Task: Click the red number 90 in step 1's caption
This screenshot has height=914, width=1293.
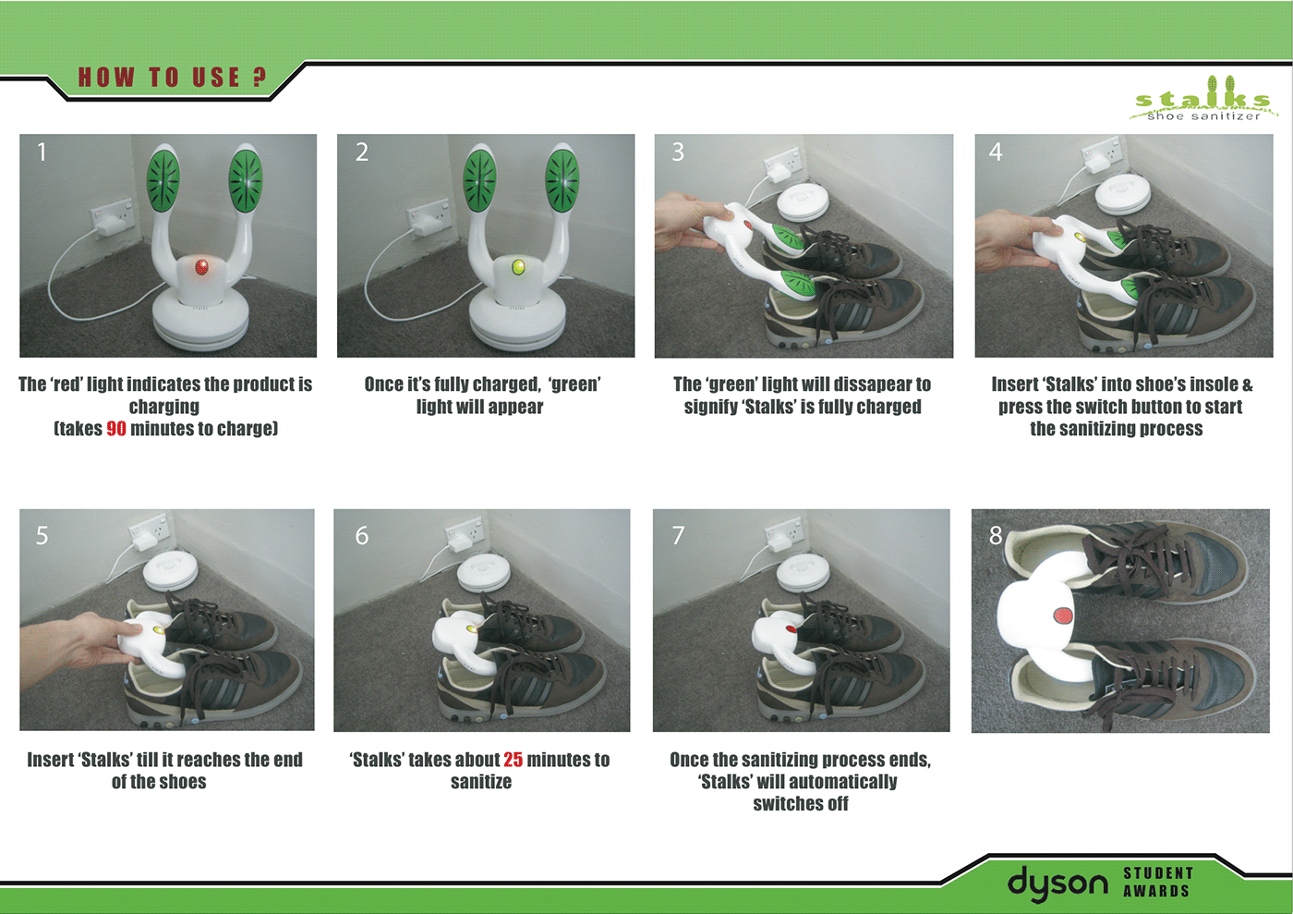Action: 116,429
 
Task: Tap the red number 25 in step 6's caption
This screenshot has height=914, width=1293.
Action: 514,759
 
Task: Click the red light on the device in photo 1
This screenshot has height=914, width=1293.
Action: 201,267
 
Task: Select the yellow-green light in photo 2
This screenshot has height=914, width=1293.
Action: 519,267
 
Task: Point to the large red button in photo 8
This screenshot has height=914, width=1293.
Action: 1063,615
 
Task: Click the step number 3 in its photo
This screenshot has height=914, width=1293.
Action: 678,152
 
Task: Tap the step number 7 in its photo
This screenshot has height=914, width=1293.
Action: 678,536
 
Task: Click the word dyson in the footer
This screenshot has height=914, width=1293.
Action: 1057,884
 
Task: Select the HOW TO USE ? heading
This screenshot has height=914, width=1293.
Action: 173,78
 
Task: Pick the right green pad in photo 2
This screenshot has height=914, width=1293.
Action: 562,181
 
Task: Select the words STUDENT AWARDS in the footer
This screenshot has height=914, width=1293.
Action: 1158,883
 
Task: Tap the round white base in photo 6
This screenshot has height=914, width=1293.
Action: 484,573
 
